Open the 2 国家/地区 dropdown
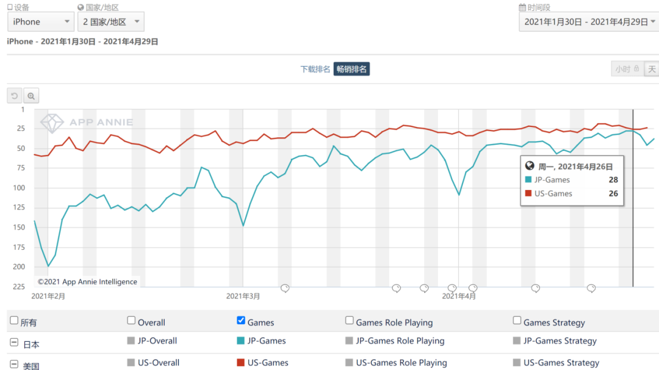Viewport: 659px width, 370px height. click(x=111, y=22)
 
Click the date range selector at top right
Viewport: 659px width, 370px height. click(x=588, y=22)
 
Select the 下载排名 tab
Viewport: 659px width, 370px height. click(x=315, y=69)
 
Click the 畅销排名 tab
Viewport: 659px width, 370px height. click(x=351, y=69)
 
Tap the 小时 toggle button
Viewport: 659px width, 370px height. click(x=627, y=69)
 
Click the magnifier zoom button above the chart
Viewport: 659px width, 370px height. click(x=31, y=96)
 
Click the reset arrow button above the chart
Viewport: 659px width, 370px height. click(x=15, y=96)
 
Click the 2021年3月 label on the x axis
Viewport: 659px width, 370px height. click(x=243, y=296)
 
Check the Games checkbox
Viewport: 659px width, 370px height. click(x=241, y=321)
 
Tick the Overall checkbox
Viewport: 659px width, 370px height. click(x=131, y=321)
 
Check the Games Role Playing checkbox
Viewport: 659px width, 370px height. click(x=350, y=321)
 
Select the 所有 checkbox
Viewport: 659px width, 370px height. click(x=14, y=321)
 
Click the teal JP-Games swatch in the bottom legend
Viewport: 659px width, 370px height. click(x=240, y=341)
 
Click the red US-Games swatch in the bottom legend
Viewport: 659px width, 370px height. click(x=240, y=363)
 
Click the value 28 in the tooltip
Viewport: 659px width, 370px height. click(x=613, y=180)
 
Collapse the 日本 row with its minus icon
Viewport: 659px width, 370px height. click(x=14, y=343)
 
